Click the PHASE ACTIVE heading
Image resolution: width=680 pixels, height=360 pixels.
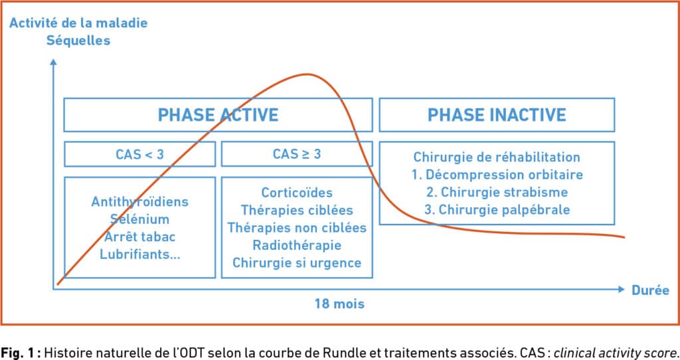coord(218,115)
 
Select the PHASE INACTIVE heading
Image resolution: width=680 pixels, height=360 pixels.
coord(497,115)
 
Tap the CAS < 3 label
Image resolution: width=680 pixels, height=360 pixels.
coord(139,154)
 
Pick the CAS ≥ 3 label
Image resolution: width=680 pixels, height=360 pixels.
coord(297,154)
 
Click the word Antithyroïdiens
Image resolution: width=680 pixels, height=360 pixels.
coord(139,202)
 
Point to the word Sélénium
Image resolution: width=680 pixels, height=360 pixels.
coord(139,219)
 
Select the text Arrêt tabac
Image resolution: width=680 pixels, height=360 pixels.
coord(139,236)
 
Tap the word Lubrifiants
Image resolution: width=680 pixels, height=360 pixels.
coord(136,254)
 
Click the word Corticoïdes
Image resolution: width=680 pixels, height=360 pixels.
coord(297,193)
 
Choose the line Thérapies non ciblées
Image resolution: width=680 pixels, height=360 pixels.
coord(297,228)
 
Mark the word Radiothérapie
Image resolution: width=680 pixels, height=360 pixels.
coord(297,245)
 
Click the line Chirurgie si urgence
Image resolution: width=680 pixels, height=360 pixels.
coord(297,263)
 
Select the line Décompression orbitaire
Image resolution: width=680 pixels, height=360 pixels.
coord(504,175)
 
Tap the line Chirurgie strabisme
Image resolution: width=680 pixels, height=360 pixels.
coord(504,192)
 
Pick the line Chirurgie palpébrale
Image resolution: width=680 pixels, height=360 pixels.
coord(504,209)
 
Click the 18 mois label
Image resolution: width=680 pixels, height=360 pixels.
coord(339,304)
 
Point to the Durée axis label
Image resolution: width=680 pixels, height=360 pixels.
coord(650,290)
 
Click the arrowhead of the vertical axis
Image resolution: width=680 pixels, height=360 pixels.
coord(53,62)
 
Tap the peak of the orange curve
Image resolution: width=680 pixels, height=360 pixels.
coord(308,74)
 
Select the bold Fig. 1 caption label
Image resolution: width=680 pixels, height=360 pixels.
coord(21,352)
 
